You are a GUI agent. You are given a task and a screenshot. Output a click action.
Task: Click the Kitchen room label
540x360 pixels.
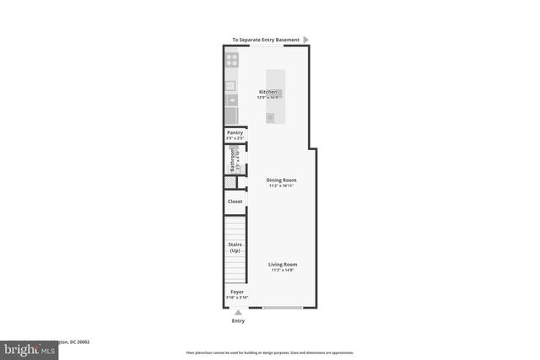[269, 91]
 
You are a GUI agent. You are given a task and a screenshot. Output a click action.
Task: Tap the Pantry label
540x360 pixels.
[235, 132]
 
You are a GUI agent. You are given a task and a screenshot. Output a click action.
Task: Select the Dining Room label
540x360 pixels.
[281, 180]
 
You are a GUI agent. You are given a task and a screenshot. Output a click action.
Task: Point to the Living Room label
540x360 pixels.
[283, 264]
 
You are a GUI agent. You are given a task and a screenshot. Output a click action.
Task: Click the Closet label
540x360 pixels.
[235, 201]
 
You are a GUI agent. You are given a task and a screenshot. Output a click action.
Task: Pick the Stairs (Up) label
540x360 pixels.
[235, 247]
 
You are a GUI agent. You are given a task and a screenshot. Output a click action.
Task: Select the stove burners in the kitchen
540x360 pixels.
[231, 60]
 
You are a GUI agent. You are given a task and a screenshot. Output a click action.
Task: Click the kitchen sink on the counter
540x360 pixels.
[231, 99]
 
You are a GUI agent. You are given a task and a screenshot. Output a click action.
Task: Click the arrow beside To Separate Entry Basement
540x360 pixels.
[306, 39]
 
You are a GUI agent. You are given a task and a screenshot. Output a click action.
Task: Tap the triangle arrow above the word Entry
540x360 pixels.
[238, 312]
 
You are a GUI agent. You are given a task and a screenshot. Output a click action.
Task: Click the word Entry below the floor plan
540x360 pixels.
[238, 321]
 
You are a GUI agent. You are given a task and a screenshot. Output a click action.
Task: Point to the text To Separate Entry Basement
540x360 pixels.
[266, 39]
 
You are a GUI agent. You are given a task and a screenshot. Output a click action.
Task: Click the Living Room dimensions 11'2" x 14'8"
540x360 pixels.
[283, 270]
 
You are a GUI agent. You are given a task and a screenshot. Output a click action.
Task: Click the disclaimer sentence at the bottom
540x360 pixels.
[269, 352]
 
